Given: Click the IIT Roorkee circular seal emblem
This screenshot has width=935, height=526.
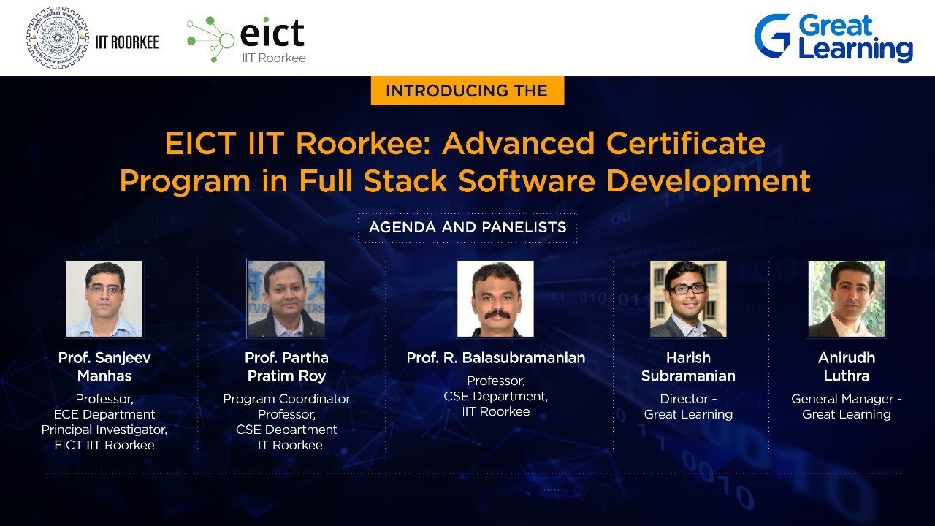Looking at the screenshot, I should [x=57, y=38].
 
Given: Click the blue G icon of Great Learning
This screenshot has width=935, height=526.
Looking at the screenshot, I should [x=773, y=36].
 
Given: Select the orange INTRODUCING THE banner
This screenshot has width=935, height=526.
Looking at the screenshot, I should [x=467, y=91].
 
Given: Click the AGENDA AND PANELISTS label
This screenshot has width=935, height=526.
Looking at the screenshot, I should [x=467, y=227].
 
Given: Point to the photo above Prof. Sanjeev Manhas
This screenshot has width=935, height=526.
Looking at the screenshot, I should [x=104, y=299].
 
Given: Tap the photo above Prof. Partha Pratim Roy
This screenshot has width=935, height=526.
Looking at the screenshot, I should [x=286, y=299].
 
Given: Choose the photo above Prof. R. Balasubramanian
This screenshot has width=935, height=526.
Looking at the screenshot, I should [x=495, y=299].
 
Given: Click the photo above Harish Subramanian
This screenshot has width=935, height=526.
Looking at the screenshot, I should [x=688, y=299].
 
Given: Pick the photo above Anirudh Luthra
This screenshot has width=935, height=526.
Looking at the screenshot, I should [x=847, y=299].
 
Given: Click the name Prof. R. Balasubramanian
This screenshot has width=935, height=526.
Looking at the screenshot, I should [x=496, y=358].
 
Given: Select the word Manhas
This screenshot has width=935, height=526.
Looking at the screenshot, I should [x=104, y=376].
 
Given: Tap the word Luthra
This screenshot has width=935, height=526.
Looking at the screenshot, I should [x=847, y=376].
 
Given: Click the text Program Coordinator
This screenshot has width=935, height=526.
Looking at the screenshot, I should [x=286, y=399].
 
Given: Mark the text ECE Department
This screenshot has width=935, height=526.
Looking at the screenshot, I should [x=104, y=414].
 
